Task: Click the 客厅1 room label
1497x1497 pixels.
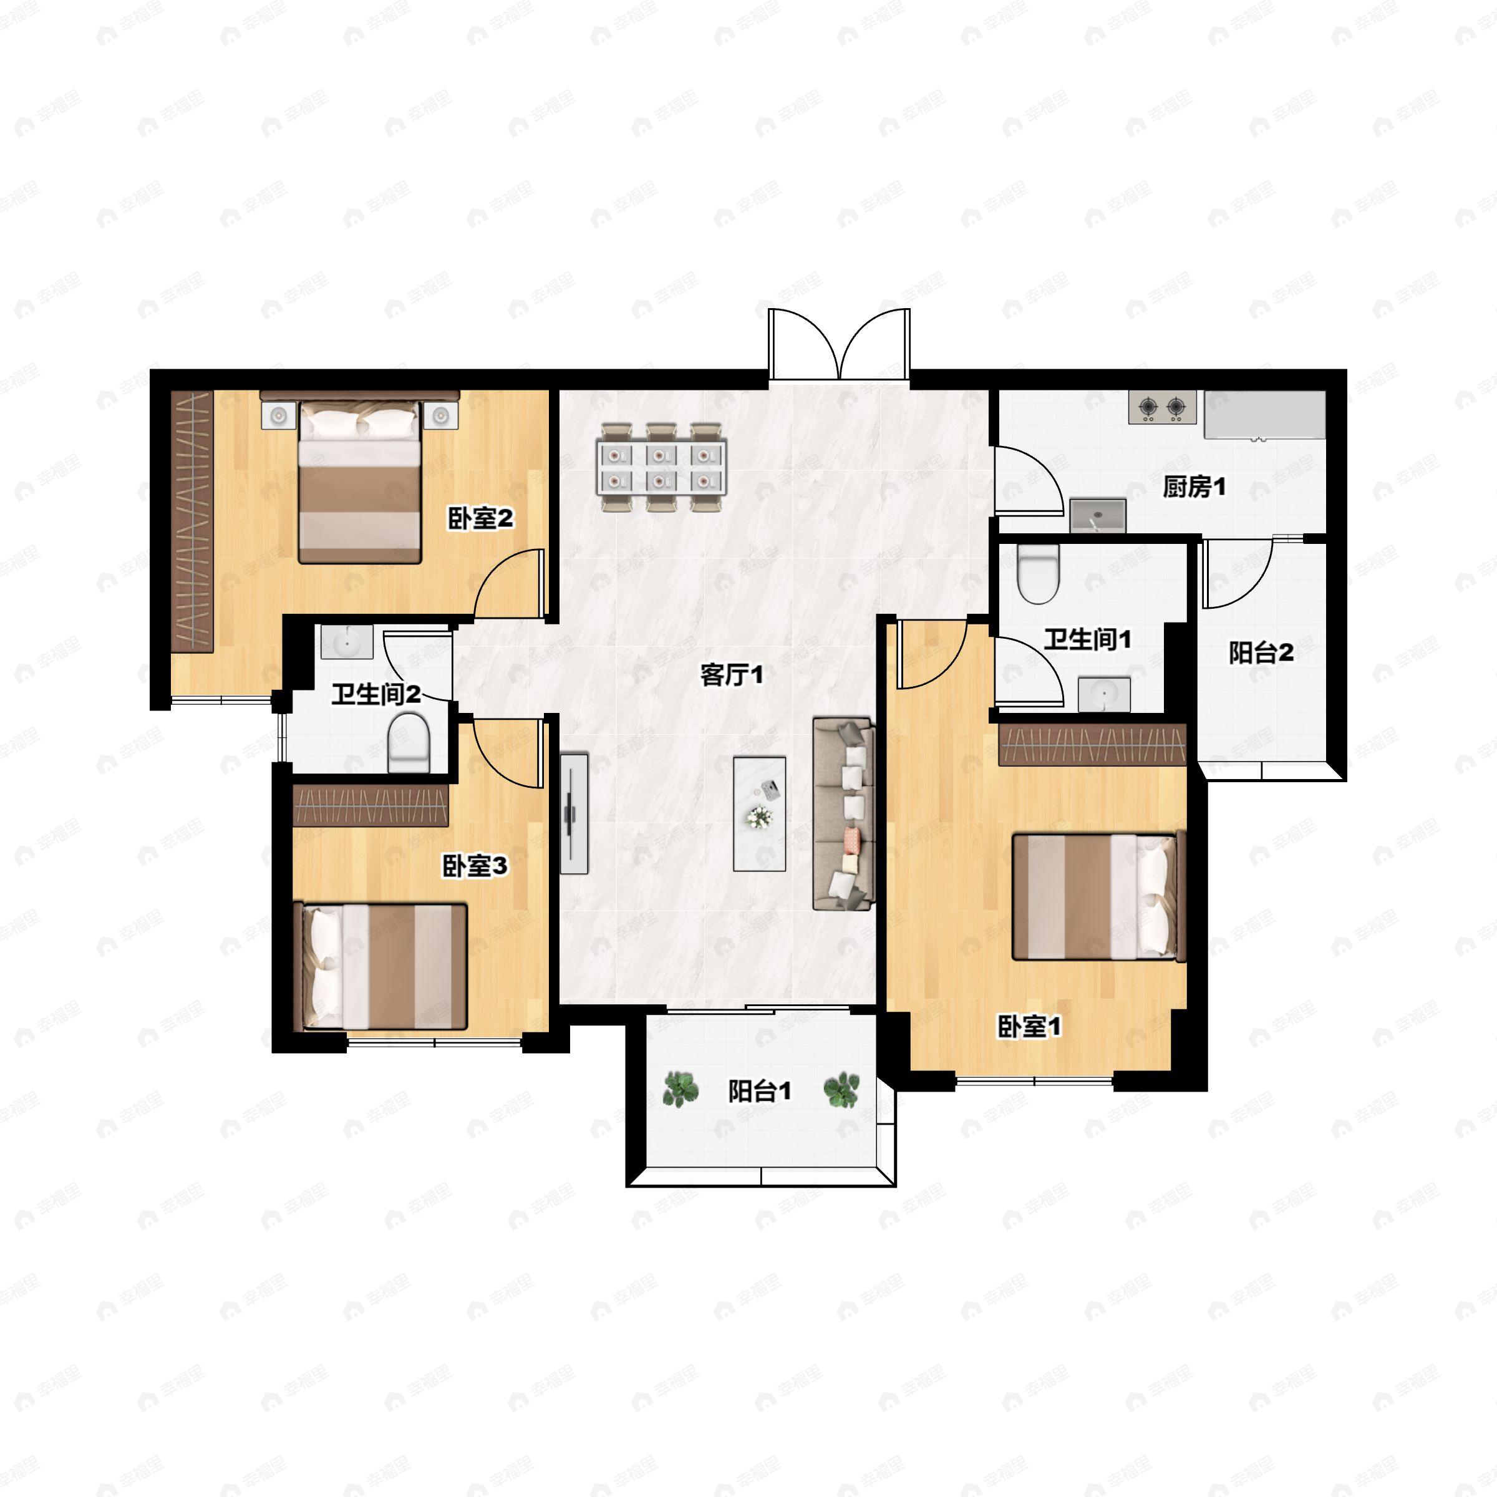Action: point(732,675)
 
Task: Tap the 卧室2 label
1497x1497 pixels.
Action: point(480,518)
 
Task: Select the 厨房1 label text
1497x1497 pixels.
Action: point(1194,487)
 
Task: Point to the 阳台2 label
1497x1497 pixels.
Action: point(1261,652)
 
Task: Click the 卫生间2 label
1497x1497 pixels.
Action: point(375,694)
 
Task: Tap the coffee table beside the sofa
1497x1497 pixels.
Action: point(759,813)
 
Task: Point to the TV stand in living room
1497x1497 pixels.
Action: point(574,813)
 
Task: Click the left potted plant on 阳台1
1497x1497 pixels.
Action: point(681,1088)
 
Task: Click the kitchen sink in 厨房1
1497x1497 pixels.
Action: point(1097,515)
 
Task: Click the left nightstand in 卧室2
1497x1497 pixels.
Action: point(279,416)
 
